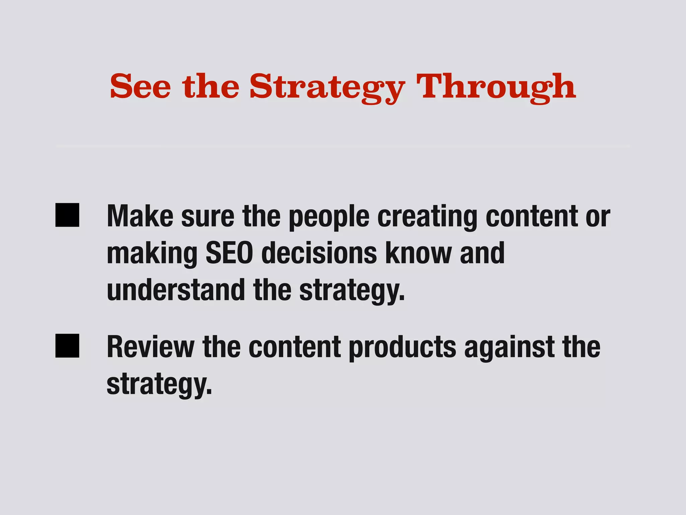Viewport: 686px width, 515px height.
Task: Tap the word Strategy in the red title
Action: [327, 88]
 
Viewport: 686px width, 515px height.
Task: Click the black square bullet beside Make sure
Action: [67, 215]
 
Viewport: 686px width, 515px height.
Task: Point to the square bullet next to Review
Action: [67, 346]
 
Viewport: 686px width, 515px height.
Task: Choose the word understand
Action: [176, 290]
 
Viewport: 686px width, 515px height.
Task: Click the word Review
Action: [151, 347]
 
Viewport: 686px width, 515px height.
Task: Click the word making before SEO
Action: [152, 255]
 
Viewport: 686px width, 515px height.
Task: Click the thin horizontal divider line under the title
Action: [343, 147]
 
